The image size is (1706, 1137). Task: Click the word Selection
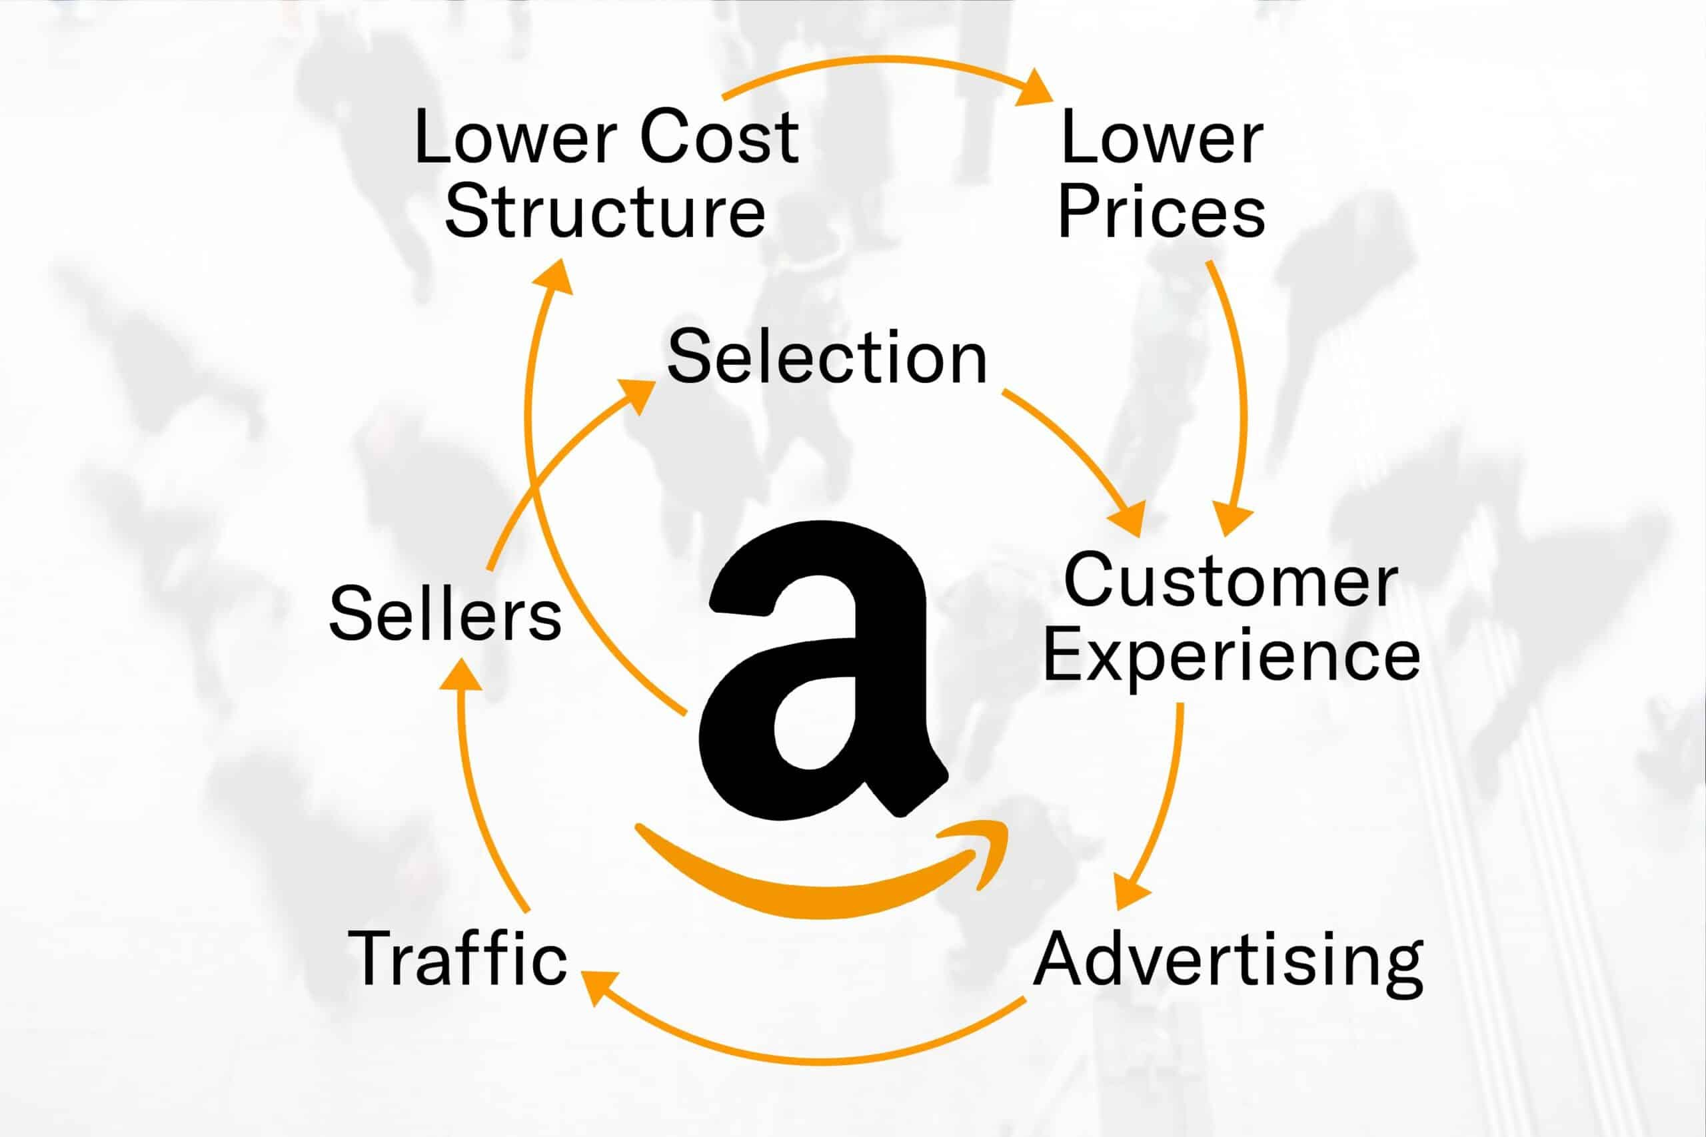827,358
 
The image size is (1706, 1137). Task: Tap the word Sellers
445,613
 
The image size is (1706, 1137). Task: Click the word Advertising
1229,962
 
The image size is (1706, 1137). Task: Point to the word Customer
1231,581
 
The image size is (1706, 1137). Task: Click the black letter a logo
822,671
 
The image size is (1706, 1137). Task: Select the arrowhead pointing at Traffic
599,987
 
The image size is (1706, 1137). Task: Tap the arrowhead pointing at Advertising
1132,891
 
